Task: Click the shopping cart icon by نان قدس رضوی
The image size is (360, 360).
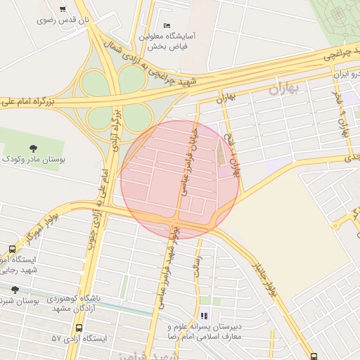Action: tap(63, 9)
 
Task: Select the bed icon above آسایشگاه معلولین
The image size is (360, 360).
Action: tap(167, 25)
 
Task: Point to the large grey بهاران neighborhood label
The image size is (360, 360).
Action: tap(285, 89)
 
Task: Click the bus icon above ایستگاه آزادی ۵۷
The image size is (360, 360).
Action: tap(78, 328)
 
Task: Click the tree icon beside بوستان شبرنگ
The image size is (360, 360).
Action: tap(15, 289)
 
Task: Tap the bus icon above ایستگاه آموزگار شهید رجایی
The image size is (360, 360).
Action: tap(12, 249)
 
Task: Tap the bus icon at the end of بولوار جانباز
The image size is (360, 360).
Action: tap(314, 355)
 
